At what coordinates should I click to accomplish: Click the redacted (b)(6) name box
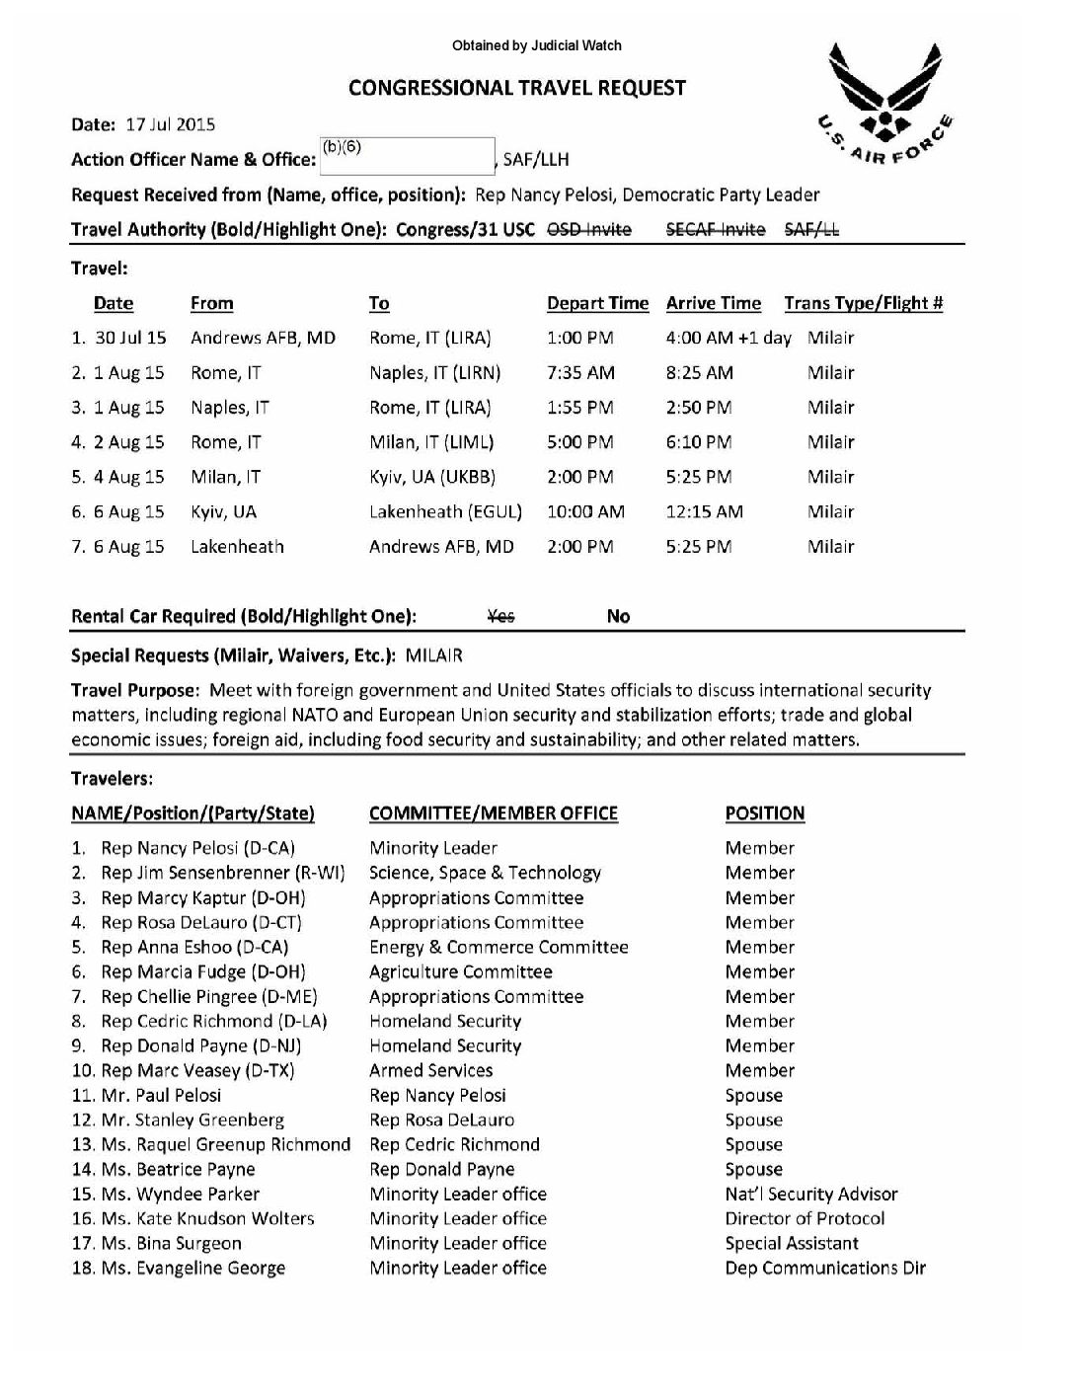pos(407,156)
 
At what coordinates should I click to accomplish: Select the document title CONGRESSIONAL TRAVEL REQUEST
pos(517,88)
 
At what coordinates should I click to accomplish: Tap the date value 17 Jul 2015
pos(171,124)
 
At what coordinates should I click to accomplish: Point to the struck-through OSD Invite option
pos(589,229)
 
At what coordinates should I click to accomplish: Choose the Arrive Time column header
pos(714,303)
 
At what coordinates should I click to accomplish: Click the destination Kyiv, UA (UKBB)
pos(432,477)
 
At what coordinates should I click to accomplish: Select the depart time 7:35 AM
pos(580,372)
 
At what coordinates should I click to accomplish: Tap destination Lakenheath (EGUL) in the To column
pos(445,511)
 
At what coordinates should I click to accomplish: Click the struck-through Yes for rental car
pos(501,616)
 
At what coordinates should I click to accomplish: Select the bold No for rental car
pos(618,616)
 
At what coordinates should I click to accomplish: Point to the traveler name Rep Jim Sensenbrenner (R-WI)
pos(223,873)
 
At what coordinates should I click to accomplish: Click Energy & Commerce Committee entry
pos(499,947)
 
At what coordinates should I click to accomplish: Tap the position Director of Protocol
pos(805,1218)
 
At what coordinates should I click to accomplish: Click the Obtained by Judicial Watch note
pos(537,45)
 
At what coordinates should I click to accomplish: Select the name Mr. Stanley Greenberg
pos(192,1120)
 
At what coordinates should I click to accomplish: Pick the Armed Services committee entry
pos(431,1070)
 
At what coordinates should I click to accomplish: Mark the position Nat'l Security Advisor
pos(811,1194)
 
